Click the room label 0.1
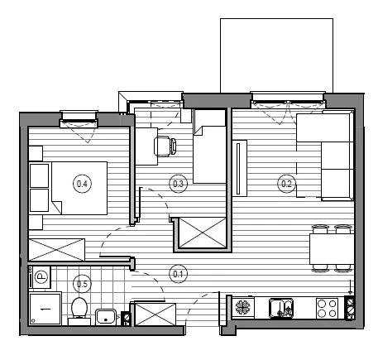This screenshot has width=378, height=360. tap(178, 274)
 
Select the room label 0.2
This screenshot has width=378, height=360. tap(286, 184)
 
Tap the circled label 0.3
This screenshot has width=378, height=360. tap(178, 184)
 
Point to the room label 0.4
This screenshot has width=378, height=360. tap(82, 184)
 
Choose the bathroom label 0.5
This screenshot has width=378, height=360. tap(82, 284)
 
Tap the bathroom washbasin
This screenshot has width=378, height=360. tap(106, 317)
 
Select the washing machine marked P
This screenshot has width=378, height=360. tap(41, 277)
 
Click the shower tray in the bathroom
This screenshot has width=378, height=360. tap(45, 309)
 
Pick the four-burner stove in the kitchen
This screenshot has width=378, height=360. tap(327, 308)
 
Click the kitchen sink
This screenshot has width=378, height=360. tap(281, 308)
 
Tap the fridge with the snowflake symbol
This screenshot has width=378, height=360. tap(243, 307)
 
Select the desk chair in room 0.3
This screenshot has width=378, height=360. tap(165, 146)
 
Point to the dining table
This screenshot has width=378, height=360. tap(332, 249)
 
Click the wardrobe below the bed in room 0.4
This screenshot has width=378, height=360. tap(57, 250)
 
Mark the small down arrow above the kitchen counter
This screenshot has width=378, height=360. tap(351, 287)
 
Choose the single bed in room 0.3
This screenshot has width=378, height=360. tap(210, 146)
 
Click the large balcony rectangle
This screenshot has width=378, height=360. tap(276, 55)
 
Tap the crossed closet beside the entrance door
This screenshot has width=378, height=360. tap(155, 314)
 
